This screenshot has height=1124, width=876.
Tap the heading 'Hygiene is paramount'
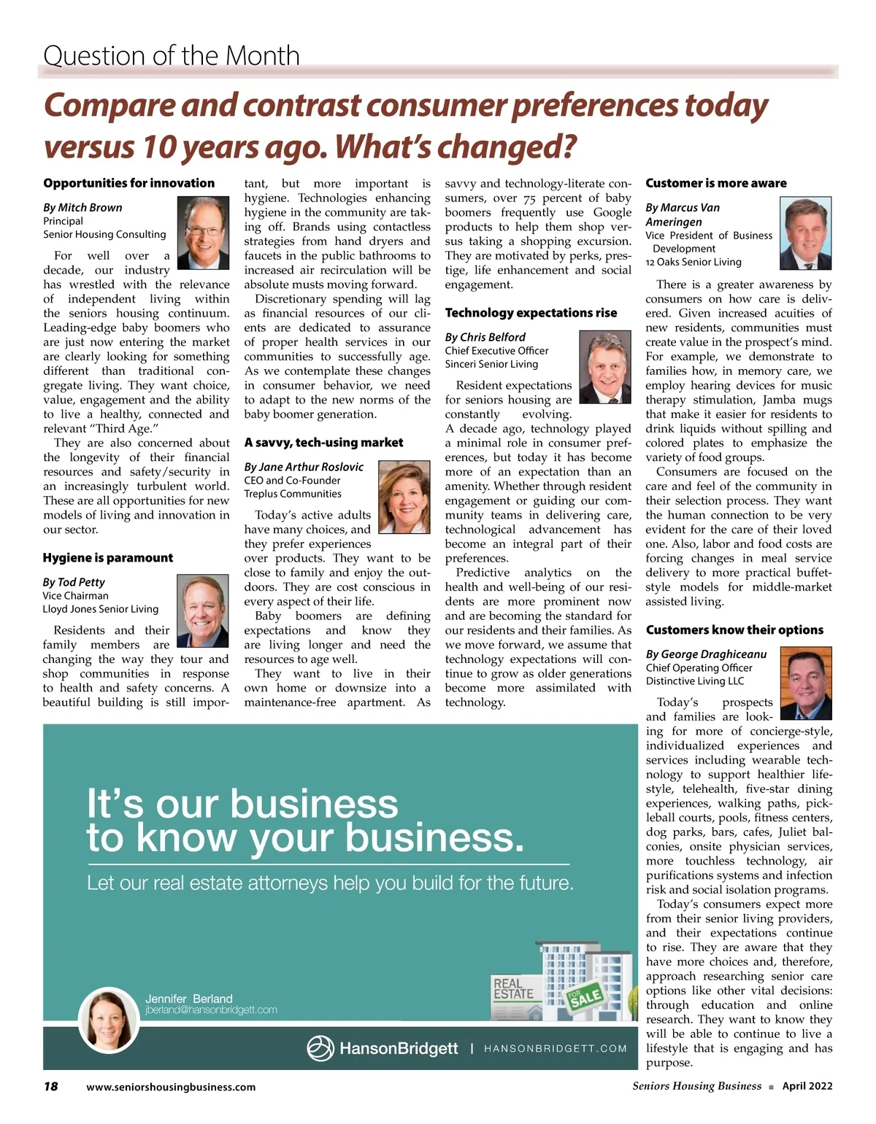click(108, 558)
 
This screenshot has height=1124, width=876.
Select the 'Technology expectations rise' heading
click(531, 313)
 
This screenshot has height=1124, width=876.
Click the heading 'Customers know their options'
click(734, 630)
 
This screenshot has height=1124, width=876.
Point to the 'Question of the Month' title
click(172, 55)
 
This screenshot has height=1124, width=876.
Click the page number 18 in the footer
click(50, 1086)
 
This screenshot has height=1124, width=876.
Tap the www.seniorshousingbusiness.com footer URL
click(171, 1087)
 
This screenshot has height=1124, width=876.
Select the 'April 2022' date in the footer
click(807, 1086)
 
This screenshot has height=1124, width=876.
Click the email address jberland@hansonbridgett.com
click(211, 1010)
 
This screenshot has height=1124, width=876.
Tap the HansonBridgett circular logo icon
click(320, 1049)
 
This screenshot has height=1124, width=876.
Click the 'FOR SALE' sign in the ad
click(585, 996)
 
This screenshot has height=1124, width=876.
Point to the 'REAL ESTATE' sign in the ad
click(513, 989)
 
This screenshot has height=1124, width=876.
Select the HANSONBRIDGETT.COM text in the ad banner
click(556, 1049)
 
